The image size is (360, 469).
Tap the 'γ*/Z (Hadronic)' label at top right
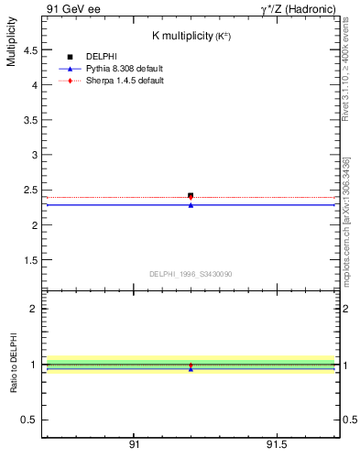298,8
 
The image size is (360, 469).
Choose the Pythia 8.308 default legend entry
124,69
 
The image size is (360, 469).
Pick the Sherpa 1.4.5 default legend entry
124,81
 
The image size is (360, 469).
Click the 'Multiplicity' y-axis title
11,47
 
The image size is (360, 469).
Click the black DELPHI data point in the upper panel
191,195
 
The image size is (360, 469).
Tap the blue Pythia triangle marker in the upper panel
191,205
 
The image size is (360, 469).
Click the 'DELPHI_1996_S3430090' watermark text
191,274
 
